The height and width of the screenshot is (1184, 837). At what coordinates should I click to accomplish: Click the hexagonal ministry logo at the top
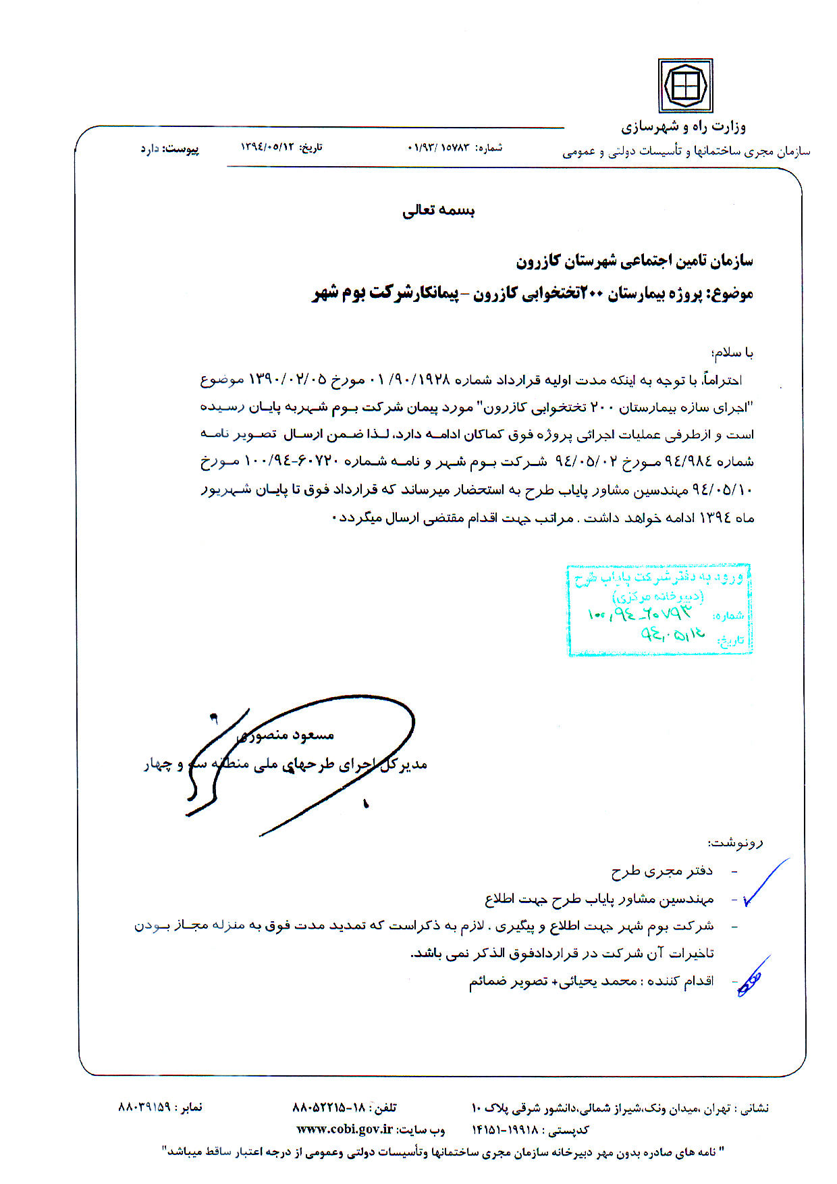(x=685, y=86)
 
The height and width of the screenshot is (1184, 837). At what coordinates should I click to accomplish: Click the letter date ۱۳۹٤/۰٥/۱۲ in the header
(x=268, y=147)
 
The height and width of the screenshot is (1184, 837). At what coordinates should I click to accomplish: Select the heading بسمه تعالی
(x=439, y=211)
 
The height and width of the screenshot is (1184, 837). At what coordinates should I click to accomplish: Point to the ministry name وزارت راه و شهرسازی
(x=683, y=126)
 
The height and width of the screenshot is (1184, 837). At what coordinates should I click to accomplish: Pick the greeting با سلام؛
(x=732, y=353)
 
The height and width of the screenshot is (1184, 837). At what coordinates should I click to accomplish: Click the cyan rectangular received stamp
(x=659, y=610)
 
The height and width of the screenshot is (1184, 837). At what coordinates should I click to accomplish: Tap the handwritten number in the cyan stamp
(x=640, y=613)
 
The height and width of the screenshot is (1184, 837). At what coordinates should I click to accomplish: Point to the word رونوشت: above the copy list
(x=735, y=843)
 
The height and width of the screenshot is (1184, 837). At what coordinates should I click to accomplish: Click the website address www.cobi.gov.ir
(x=345, y=1129)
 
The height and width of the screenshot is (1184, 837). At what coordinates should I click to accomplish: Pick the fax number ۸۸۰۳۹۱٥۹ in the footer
(x=144, y=1107)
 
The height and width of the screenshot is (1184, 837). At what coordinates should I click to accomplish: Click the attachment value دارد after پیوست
(x=149, y=148)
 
